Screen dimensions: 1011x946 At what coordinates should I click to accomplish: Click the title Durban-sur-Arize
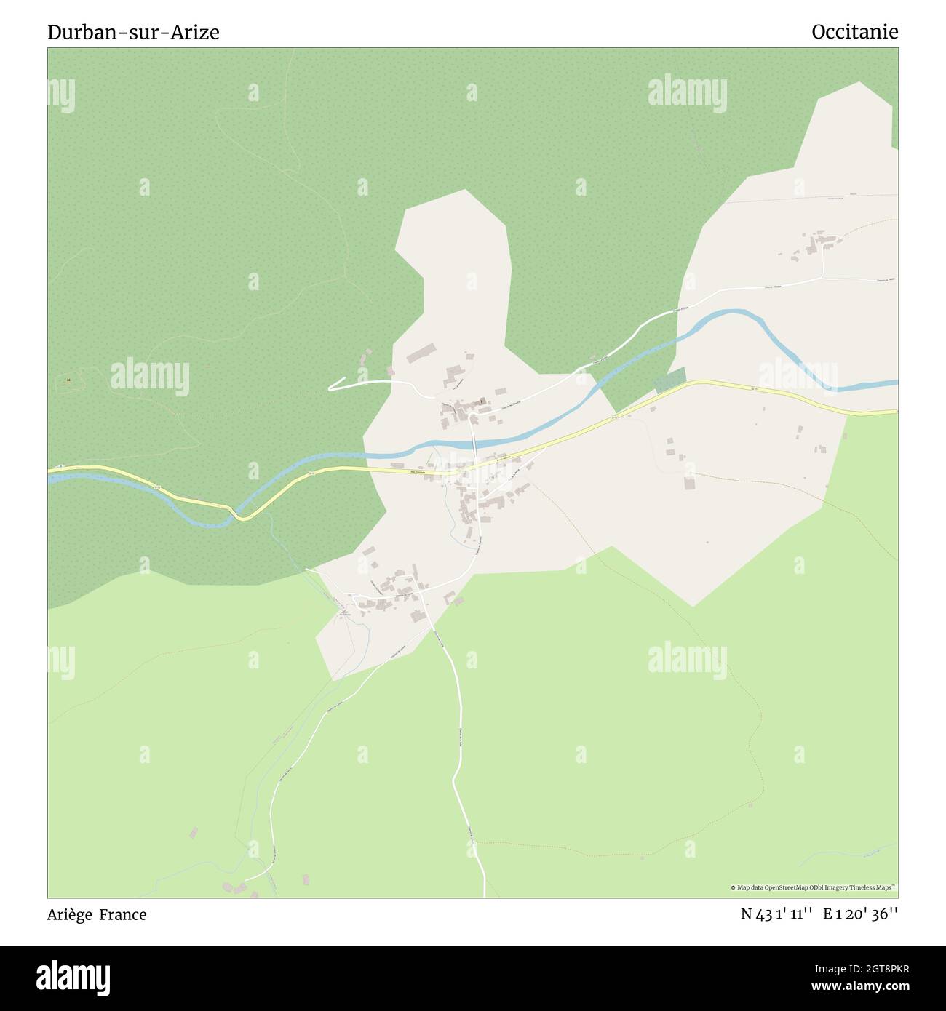[133, 33]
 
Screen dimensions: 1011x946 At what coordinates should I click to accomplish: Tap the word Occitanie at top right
[854, 32]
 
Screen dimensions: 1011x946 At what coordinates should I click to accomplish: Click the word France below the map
[123, 915]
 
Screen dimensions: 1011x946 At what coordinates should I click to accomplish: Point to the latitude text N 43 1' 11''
[776, 915]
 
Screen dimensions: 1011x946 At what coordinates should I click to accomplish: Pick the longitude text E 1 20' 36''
[860, 915]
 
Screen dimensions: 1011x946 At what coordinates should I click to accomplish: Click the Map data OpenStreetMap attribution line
[813, 887]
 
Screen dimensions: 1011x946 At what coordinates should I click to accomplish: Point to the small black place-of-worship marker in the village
[481, 400]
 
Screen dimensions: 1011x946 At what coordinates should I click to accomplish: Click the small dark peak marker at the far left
[68, 380]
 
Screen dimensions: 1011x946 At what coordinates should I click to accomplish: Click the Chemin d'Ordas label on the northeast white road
[773, 287]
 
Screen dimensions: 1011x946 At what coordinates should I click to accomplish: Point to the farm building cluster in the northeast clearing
[814, 244]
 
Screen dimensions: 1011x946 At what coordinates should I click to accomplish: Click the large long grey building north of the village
[421, 354]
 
